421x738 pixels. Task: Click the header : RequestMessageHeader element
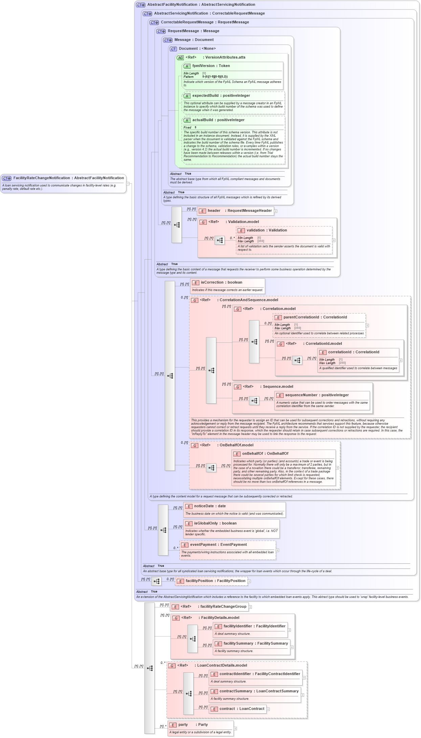pos(239,211)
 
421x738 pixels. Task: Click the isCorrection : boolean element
pos(221,283)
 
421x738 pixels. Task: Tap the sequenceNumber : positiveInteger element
pos(316,395)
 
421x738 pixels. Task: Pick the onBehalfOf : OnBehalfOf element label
pos(265,454)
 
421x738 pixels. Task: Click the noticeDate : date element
pos(210,506)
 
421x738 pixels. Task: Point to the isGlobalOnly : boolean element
pos(215,523)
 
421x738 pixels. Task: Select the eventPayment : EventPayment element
pos(218,545)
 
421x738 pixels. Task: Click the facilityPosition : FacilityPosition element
pos(215,581)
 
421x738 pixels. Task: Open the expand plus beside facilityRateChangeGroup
pos(250,607)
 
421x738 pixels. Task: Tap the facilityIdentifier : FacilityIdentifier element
pos(254,626)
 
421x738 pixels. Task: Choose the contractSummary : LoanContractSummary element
pos(259,691)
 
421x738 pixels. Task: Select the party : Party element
pos(193,725)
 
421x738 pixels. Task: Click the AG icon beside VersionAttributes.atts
pos(180,58)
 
